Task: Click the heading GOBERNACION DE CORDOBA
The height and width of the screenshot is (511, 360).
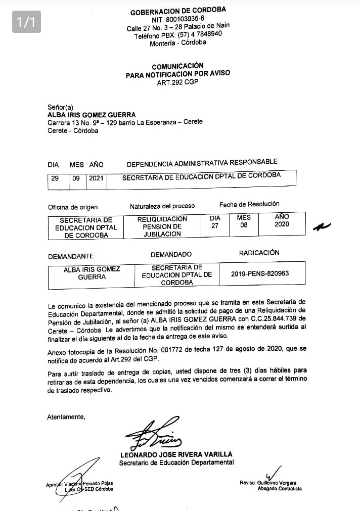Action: point(178,11)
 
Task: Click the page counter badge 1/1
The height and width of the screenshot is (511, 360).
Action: point(26,22)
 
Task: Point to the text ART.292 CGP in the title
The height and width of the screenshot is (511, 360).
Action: point(177,81)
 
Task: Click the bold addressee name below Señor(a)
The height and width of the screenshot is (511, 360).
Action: point(92,115)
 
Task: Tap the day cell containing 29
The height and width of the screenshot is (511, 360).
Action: point(55,178)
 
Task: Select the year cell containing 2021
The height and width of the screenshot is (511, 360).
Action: point(96,178)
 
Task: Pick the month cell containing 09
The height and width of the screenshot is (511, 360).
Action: point(75,178)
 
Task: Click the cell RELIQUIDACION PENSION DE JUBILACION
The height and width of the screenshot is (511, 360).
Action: point(162,226)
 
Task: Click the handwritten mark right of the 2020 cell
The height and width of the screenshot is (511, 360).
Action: point(321,226)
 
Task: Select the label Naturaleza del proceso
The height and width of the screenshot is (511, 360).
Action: point(162,206)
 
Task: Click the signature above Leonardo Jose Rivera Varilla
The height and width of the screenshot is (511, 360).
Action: point(154,434)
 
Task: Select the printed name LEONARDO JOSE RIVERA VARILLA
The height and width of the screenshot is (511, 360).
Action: point(176,454)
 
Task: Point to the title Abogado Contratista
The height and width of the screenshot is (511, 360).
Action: point(280,489)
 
